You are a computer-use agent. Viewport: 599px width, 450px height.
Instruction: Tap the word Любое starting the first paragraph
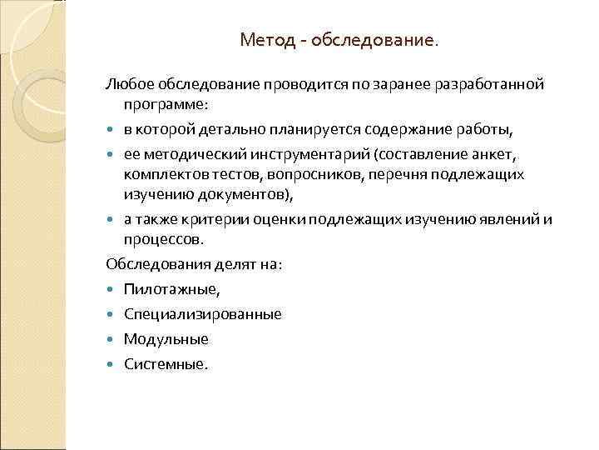[x=127, y=84]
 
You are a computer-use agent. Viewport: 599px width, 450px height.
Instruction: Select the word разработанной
[x=500, y=84]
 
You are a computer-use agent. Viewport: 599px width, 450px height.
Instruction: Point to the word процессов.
[x=163, y=240]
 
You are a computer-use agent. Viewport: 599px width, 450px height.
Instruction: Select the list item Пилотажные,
[x=171, y=289]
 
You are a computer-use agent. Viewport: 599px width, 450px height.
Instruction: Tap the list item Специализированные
[x=202, y=314]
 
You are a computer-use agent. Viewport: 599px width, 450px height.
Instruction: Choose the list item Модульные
[x=166, y=339]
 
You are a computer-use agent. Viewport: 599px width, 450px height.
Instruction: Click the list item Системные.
[x=164, y=364]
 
